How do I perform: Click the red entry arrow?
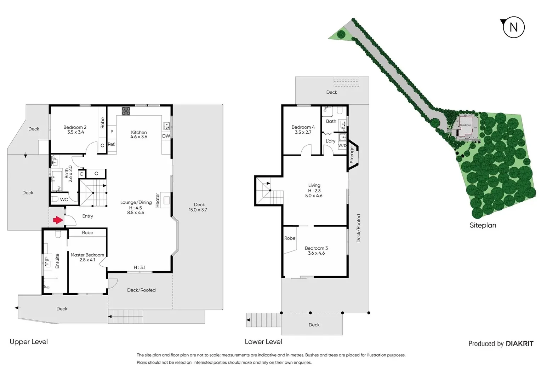(x=58, y=220)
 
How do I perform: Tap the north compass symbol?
(x=513, y=27)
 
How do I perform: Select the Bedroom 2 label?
(x=75, y=129)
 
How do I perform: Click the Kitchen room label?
(x=139, y=134)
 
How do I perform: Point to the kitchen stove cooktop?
(x=126, y=111)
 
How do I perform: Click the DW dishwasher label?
(x=166, y=136)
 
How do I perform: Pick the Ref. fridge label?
(x=112, y=144)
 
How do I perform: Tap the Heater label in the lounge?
(x=158, y=200)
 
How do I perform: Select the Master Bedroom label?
(x=87, y=257)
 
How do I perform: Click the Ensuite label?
(x=57, y=261)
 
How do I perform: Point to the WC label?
(x=64, y=199)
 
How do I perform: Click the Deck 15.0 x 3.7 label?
(x=198, y=207)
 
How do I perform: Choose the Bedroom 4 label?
(x=303, y=129)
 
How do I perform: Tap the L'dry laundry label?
(x=330, y=141)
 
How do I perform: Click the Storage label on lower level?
(x=352, y=155)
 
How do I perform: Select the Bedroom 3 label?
(x=316, y=250)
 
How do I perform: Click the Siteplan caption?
(x=483, y=225)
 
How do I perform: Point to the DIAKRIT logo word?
(x=519, y=343)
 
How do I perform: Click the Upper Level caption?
(x=29, y=342)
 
